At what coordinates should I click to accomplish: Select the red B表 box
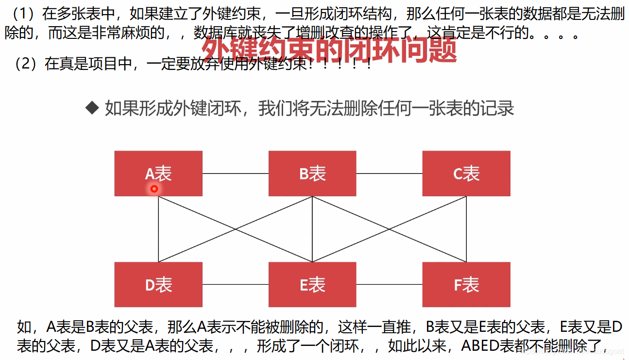click(312, 173)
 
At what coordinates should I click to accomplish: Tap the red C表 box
click(466, 173)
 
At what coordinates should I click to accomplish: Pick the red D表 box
click(158, 285)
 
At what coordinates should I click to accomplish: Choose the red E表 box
click(312, 285)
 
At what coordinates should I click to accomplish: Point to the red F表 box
click(466, 285)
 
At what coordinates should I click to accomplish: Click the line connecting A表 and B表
click(236, 173)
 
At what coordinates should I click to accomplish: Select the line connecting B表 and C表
click(389, 173)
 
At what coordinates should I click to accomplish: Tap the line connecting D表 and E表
click(236, 284)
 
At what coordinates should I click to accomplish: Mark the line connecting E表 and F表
click(389, 284)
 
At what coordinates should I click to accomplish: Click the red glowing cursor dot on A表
click(154, 189)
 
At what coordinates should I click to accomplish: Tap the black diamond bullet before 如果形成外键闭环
click(92, 108)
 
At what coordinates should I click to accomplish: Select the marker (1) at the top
click(23, 14)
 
